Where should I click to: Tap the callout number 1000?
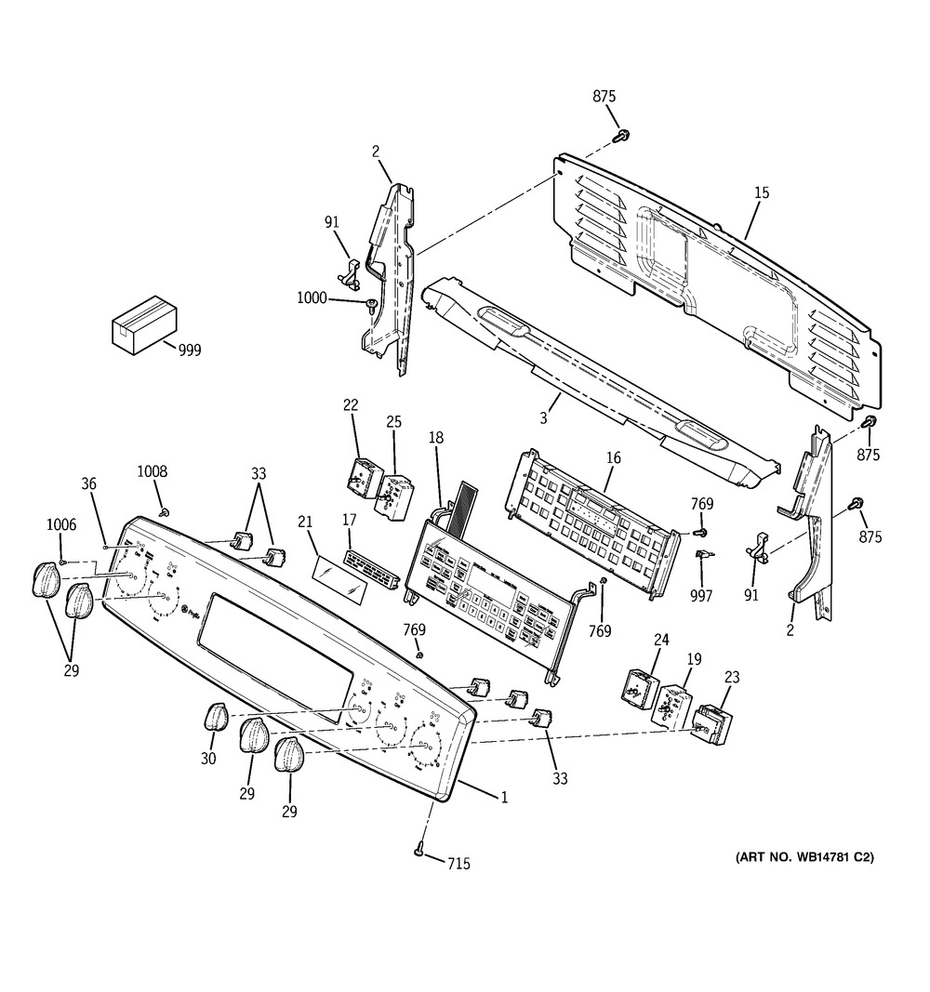pos(312,298)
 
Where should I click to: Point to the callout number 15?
pos(762,193)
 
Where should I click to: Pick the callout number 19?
pos(695,659)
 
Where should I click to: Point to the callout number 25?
pos(394,422)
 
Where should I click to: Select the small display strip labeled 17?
pos(372,567)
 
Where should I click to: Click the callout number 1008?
pos(153,472)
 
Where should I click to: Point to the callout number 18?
pos(436,436)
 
